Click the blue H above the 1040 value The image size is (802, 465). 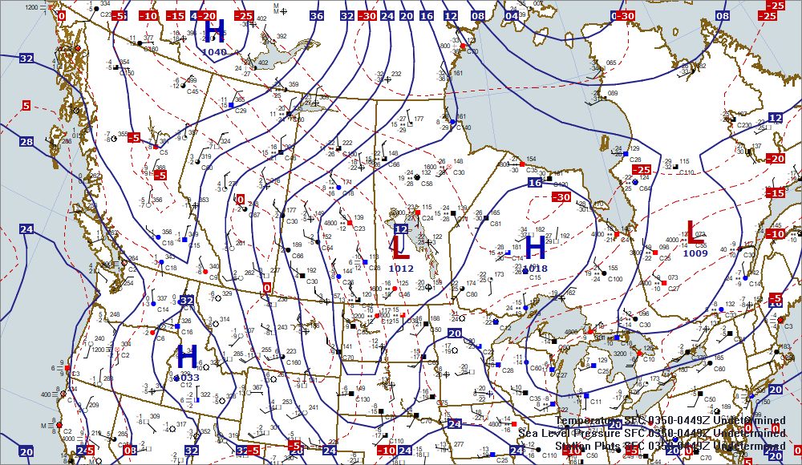[x=214, y=31]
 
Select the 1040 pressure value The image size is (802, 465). [x=215, y=52]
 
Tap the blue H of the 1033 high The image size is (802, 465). [x=188, y=356]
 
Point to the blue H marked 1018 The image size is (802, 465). [x=534, y=248]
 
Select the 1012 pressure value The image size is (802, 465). [x=401, y=269]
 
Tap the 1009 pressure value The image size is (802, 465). [x=695, y=253]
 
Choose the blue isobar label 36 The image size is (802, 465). [x=316, y=15]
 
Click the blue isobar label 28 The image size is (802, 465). [x=26, y=142]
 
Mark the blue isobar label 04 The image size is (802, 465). [x=512, y=15]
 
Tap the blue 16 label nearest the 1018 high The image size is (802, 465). [x=535, y=184]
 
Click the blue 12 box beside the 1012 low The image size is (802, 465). [x=401, y=228]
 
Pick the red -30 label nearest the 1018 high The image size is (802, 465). [x=561, y=197]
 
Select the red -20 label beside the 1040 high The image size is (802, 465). [x=207, y=15]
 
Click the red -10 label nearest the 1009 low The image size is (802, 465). [x=776, y=234]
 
